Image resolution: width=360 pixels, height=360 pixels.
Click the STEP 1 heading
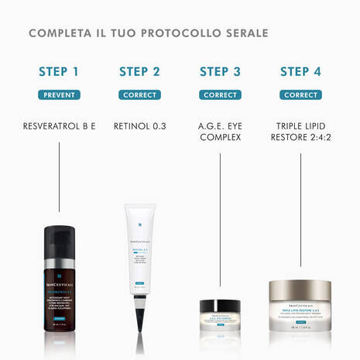pos(59,72)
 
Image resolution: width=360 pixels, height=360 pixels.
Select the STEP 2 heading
pos(140,72)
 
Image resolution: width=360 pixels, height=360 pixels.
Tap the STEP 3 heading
pos(220,72)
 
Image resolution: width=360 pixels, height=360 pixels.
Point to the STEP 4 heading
pos(301,72)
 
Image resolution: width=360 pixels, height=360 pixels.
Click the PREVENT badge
pos(59,95)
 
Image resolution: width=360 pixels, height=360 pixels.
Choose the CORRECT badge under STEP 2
pos(140,95)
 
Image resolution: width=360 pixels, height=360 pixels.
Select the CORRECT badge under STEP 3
pos(220,95)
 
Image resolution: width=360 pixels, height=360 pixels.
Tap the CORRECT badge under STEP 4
pos(301,95)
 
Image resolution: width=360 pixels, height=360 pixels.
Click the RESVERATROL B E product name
pos(59,125)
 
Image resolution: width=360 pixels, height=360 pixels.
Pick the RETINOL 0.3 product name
pos(140,125)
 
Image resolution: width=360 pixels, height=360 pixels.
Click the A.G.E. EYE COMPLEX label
pos(220,131)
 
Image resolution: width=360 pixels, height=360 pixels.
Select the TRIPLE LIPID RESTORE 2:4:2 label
pos(301,131)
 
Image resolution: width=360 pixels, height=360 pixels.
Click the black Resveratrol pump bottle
pos(59,279)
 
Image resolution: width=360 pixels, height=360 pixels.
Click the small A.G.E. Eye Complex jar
pos(220,317)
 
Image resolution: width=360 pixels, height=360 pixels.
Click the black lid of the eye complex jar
pos(220,305)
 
